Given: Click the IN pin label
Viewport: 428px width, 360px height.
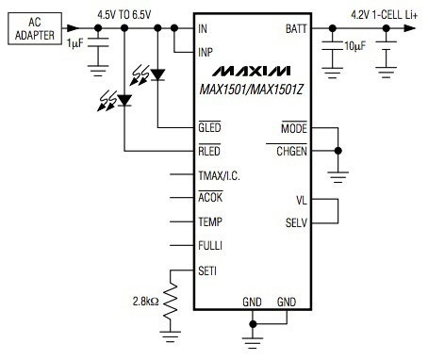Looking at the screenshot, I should point(203,28).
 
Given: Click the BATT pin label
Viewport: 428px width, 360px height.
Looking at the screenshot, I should point(295,29).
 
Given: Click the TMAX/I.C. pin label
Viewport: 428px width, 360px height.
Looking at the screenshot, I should point(220,174).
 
